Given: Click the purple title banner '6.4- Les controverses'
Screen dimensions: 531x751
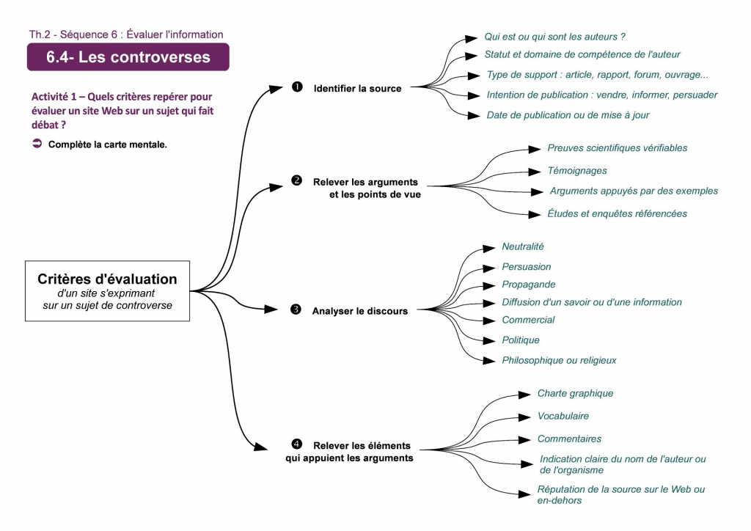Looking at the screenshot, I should pyautogui.click(x=128, y=56).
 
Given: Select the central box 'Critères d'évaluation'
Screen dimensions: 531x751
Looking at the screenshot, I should pyautogui.click(x=107, y=290).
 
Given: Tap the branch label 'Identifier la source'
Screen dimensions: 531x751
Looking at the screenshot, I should pyautogui.click(x=357, y=89).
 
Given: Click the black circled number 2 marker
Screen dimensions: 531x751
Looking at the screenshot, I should pyautogui.click(x=296, y=180).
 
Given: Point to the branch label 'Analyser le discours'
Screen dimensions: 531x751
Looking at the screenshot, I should pyautogui.click(x=359, y=311).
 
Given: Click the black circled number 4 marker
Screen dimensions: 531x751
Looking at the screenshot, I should pyautogui.click(x=296, y=444).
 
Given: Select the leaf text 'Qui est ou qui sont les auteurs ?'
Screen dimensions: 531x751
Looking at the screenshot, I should pyautogui.click(x=554, y=37).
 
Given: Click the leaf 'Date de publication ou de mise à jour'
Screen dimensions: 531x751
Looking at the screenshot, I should pyautogui.click(x=568, y=115).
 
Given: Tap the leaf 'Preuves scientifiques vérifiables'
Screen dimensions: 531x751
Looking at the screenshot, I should pyautogui.click(x=617, y=148).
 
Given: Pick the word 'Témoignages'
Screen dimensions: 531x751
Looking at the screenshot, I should pyautogui.click(x=577, y=171).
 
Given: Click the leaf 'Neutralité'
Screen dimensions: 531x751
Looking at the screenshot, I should pyautogui.click(x=523, y=247).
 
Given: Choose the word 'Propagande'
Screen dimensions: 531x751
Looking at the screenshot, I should pyautogui.click(x=528, y=285).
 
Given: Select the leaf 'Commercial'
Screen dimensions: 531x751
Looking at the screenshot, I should pyautogui.click(x=528, y=320).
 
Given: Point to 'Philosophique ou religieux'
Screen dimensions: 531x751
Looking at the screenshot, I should pyautogui.click(x=559, y=360).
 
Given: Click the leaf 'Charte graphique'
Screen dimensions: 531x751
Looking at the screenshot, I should pyautogui.click(x=575, y=394).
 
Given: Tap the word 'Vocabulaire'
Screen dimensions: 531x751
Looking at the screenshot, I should pyautogui.click(x=563, y=416).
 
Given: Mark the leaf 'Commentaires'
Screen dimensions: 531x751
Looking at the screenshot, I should pyautogui.click(x=569, y=439).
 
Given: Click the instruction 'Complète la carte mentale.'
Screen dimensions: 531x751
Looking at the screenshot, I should pyautogui.click(x=108, y=144).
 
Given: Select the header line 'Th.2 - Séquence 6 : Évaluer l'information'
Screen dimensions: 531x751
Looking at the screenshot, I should pyautogui.click(x=126, y=34).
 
